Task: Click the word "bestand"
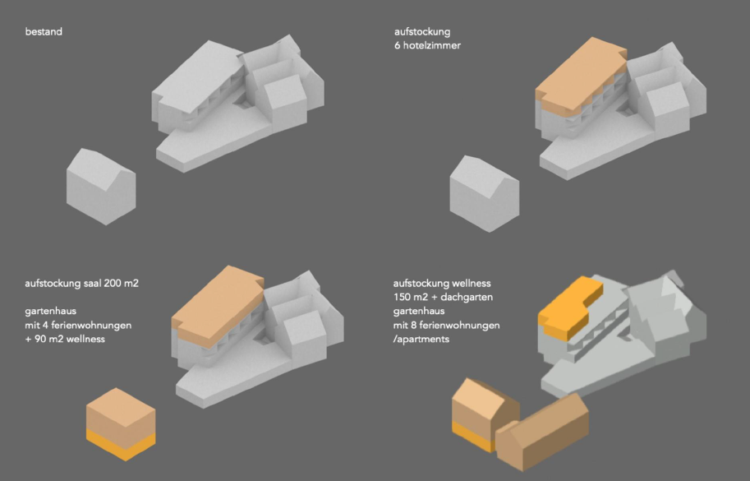click(x=44, y=31)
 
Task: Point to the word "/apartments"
click(x=421, y=340)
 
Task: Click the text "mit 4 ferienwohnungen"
click(x=78, y=326)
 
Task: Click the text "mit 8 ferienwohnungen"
click(x=447, y=326)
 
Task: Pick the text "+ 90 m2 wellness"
click(x=65, y=340)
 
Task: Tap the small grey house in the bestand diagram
click(x=101, y=187)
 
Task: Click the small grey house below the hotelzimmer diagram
click(x=484, y=194)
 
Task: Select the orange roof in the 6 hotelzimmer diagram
click(x=580, y=76)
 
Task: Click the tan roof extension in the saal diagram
click(x=217, y=307)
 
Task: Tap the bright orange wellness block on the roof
click(x=570, y=308)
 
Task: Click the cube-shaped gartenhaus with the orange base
click(x=121, y=424)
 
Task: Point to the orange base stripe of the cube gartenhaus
click(x=121, y=445)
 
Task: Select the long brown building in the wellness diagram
click(x=542, y=432)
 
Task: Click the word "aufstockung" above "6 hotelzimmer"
click(x=422, y=32)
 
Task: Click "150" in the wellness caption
click(x=403, y=297)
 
